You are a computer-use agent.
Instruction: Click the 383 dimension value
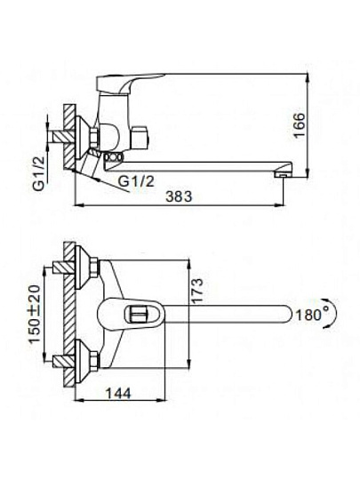(x=179, y=196)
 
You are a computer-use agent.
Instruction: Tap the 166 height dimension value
(x=299, y=125)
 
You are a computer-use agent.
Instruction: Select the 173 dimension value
(x=196, y=291)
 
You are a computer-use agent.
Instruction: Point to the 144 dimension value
(x=118, y=394)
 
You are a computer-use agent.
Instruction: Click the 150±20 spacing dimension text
(x=36, y=314)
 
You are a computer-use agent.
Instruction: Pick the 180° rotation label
(x=309, y=315)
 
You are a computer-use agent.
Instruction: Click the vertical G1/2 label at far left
(x=39, y=173)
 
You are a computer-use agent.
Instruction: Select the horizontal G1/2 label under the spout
(x=136, y=182)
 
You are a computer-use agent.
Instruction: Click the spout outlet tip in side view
(x=283, y=174)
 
